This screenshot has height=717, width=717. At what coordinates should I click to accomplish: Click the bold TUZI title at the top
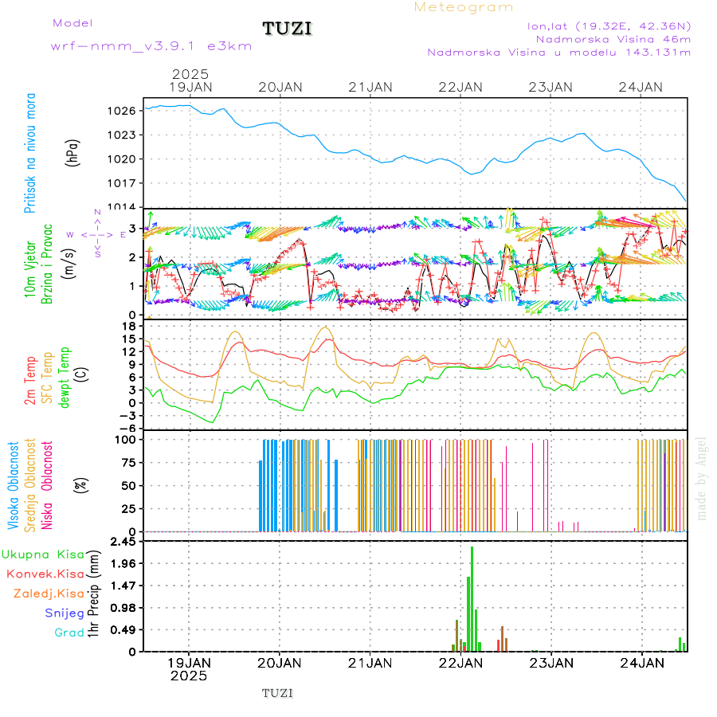click(x=287, y=29)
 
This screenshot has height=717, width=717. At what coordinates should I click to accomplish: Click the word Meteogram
click(x=464, y=7)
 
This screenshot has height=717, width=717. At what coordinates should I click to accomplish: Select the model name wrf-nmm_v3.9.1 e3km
click(x=151, y=46)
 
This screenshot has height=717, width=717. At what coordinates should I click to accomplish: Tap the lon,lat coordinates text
click(x=609, y=25)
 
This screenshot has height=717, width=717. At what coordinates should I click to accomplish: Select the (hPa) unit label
click(x=73, y=153)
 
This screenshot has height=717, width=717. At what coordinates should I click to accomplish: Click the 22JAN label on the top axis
click(x=460, y=87)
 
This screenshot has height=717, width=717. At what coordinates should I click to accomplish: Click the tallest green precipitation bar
click(x=472, y=597)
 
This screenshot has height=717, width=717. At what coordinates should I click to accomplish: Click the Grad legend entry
click(x=69, y=633)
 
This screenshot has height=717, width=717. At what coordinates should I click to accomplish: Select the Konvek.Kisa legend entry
click(x=45, y=574)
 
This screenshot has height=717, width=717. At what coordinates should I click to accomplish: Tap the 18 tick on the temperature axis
click(x=127, y=326)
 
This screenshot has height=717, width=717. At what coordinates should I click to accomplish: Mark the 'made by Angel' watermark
click(x=701, y=478)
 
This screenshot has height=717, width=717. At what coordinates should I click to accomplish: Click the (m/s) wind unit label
click(x=73, y=261)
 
